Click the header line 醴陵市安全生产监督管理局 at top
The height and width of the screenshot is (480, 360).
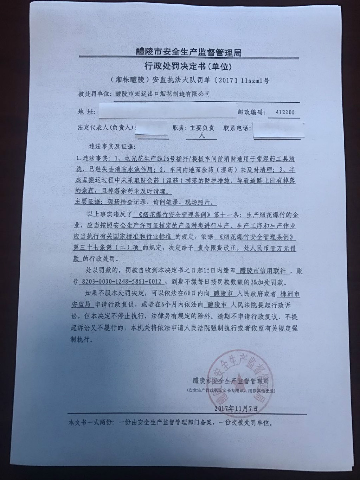(188, 52)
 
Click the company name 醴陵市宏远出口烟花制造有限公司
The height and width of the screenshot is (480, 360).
(163, 94)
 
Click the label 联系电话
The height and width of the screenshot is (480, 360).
(237, 128)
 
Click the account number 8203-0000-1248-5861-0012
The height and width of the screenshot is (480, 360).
(121, 282)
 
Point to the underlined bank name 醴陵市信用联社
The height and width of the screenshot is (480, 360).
(263, 271)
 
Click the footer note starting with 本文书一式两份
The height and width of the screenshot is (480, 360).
(171, 422)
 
